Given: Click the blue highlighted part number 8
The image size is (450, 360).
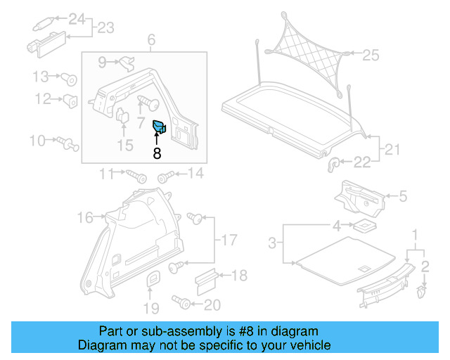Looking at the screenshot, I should coord(159,127).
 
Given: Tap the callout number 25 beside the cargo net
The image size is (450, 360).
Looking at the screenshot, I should coord(371,54).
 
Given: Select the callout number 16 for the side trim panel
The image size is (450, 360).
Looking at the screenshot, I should coord(85,218).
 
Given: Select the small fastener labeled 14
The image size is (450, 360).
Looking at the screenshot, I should coord(165,176).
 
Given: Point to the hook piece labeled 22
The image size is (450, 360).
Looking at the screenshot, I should coord(335,165).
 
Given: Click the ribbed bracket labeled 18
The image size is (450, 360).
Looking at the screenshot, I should coord(204,280).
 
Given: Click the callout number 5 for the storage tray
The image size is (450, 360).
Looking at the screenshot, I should coord(403,197).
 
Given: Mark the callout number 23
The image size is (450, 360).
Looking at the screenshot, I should coord(105,28).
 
